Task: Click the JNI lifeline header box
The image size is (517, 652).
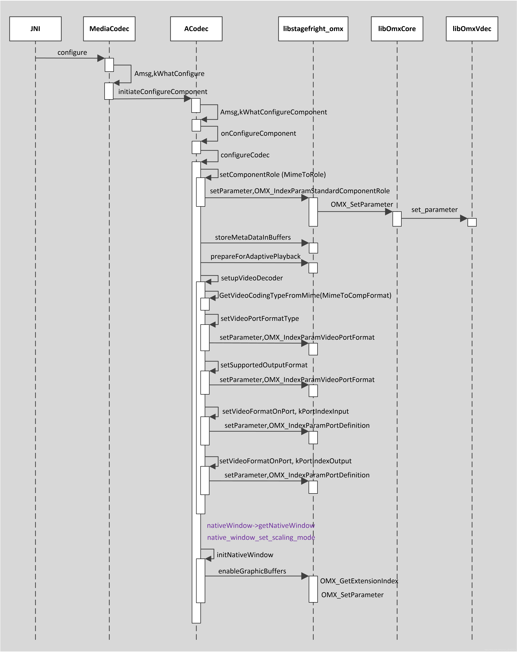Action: (x=35, y=29)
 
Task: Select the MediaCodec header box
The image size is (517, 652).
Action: (x=109, y=29)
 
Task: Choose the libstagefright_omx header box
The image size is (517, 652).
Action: (x=313, y=29)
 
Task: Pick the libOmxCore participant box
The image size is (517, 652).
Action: (x=397, y=29)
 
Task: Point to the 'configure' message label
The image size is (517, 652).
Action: (x=72, y=53)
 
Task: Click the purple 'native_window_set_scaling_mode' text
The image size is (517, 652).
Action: (x=261, y=537)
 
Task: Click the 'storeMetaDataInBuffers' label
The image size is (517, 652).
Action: (x=253, y=237)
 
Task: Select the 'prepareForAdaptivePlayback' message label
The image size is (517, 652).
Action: (x=256, y=256)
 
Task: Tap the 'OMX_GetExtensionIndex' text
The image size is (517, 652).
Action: (x=359, y=581)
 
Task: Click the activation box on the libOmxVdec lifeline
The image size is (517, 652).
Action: (x=472, y=222)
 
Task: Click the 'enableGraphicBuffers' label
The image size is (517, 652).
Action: (x=252, y=571)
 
